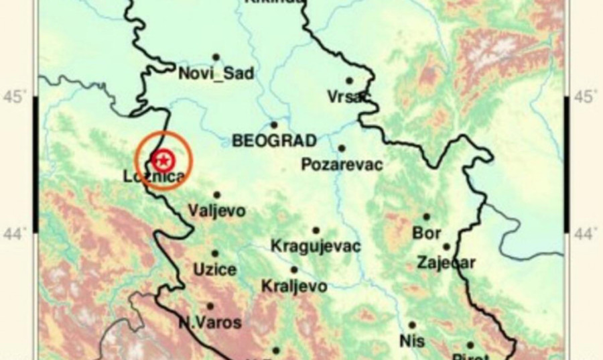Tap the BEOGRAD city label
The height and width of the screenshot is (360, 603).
pyautogui.click(x=273, y=141)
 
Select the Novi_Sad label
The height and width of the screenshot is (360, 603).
pyautogui.click(x=216, y=74)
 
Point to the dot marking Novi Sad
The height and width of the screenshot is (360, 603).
pyautogui.click(x=216, y=58)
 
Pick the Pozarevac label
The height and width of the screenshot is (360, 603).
pyautogui.click(x=342, y=164)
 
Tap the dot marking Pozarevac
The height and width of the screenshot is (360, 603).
pyautogui.click(x=342, y=148)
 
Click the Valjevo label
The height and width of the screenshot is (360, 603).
pyautogui.click(x=217, y=211)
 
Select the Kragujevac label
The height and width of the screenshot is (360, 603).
pyautogui.click(x=316, y=247)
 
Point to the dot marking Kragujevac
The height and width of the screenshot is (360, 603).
pyautogui.click(x=316, y=231)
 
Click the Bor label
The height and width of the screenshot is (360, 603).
pyautogui.click(x=427, y=233)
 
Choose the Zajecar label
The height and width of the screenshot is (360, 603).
pyautogui.click(x=446, y=262)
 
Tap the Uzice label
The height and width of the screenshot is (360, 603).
pyautogui.click(x=214, y=270)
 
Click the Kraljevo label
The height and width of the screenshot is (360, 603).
pyautogui.click(x=294, y=286)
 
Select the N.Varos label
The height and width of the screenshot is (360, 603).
pyautogui.click(x=210, y=322)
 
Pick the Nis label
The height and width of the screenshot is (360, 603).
pyautogui.click(x=412, y=341)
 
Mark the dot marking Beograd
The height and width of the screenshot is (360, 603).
pyautogui.click(x=274, y=125)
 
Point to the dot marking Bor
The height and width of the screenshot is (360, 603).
pyautogui.click(x=426, y=217)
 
